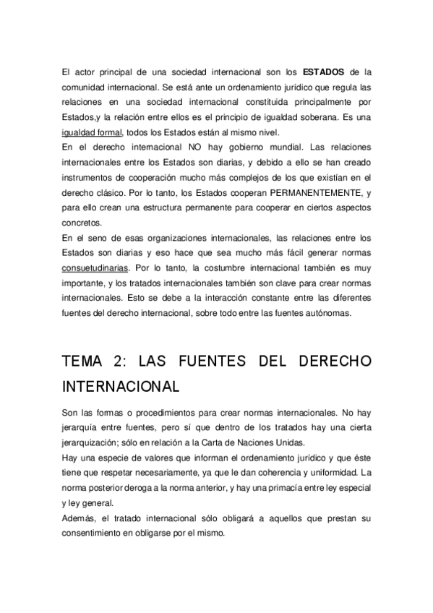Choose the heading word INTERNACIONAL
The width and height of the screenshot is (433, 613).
click(121, 385)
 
